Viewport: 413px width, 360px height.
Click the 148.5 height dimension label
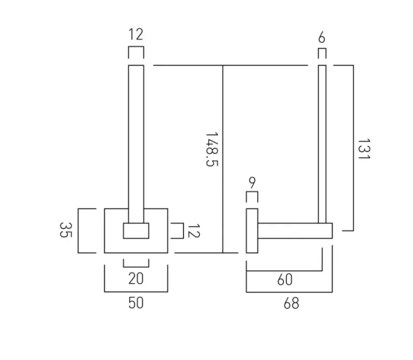tap(212, 150)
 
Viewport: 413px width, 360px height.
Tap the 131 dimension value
tap(363, 149)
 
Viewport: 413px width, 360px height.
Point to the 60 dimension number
tap(285, 279)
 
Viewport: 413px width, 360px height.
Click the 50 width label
tap(136, 302)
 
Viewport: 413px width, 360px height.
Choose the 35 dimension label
tap(66, 230)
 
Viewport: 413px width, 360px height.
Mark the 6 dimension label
tap(322, 38)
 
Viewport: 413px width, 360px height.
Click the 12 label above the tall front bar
tap(136, 34)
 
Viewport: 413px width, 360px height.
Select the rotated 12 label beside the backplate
tap(194, 231)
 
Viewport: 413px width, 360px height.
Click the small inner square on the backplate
tap(136, 231)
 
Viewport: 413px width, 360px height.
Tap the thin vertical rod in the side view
tap(322, 142)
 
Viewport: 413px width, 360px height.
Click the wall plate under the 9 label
tap(252, 231)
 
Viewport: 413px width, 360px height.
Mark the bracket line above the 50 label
tap(136, 291)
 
